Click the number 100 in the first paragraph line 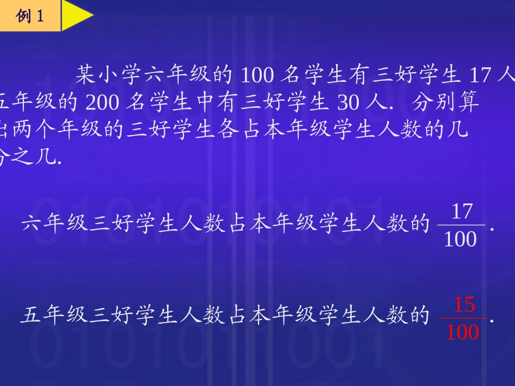click(257, 75)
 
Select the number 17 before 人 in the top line click(478, 75)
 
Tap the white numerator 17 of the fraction click(462, 212)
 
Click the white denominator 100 click(460, 239)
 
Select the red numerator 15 click(464, 305)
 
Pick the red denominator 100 click(462, 332)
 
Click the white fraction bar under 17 click(461, 225)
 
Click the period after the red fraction click(492, 320)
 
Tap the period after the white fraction click(492, 229)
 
